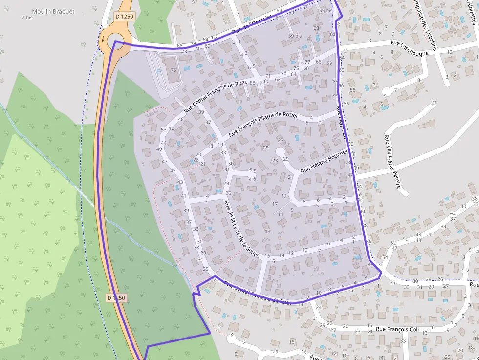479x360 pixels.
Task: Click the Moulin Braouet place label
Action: coord(53,11)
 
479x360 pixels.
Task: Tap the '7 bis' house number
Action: coord(27,18)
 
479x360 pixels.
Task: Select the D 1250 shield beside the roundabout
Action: coord(124,17)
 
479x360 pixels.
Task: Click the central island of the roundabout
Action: coord(116,39)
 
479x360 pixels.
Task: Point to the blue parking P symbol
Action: coord(158,71)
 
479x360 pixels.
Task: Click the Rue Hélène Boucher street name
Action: coord(324,162)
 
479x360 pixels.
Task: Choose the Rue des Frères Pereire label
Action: coord(392,161)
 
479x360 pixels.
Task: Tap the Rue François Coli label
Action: coord(397,329)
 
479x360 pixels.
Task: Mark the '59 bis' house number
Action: coord(295,36)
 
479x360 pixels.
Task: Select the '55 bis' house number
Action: coord(326,10)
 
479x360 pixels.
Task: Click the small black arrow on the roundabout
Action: coord(103,39)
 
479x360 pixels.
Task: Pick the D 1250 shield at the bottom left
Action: coord(116,297)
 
